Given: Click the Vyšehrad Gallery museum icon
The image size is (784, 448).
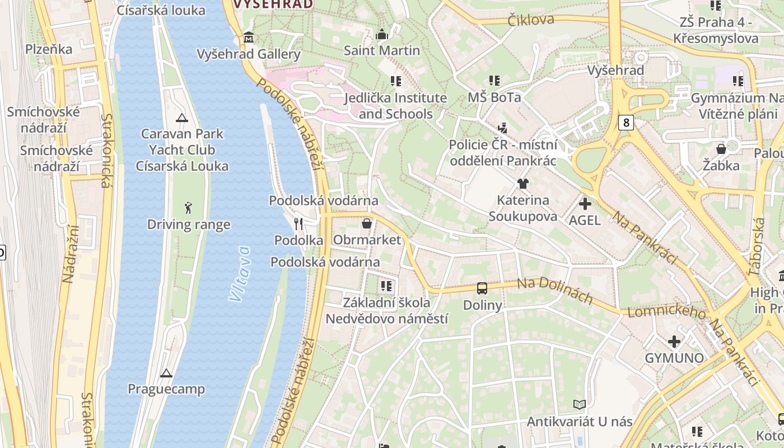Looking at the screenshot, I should coord(249,38).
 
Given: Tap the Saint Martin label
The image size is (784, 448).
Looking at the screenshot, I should coord(382,50).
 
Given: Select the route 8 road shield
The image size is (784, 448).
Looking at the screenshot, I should coord(626,122).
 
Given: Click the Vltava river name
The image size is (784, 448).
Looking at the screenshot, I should coord(240,274).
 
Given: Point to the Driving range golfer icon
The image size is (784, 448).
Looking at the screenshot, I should coord(188,208).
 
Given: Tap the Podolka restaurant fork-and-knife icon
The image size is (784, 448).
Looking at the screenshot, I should coord(298,224).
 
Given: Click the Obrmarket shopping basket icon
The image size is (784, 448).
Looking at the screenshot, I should coord(367,223).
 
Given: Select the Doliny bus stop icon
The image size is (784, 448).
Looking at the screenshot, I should coord(482,288).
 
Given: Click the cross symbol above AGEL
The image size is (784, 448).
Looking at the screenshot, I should coord(585,204).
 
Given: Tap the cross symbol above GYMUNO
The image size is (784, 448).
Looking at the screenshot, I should coord(674,341).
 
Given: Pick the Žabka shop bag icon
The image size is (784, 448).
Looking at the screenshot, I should coord(721,149).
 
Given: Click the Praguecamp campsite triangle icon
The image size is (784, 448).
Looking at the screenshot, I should coord(166,372).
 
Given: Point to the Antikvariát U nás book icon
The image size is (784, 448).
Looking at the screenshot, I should coord(580,404).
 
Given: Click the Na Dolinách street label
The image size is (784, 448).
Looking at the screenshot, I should coord(554,291).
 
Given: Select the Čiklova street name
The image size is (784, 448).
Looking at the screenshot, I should coord(531,20).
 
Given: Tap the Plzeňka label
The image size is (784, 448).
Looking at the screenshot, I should coord(49,49).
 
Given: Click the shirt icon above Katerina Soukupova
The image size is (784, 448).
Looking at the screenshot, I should coord(522,183).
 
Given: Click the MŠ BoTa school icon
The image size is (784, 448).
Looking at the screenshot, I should coord(494,81).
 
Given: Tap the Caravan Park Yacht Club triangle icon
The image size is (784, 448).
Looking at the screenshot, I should coord(181,118).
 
